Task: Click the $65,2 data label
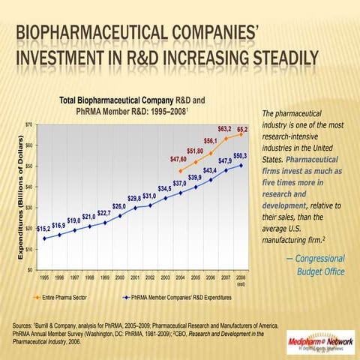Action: pos(241,130)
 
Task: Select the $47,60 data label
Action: pos(178,160)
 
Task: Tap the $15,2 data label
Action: pos(43,227)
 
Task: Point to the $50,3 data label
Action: pos(240,155)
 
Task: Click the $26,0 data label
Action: pos(118,206)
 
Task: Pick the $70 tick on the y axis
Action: pos(28,123)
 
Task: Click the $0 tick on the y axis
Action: pos(30,269)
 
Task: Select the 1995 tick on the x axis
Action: pos(44,277)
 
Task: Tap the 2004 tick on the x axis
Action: pos(180,277)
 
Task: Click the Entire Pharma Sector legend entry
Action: pos(71,297)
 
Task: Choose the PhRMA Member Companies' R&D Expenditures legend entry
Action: pos(184,297)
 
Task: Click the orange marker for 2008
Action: pos(241,134)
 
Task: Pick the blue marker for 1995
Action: pos(44,238)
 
